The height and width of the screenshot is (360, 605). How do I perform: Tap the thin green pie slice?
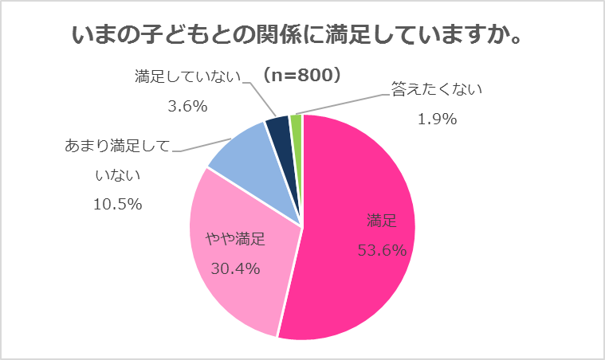click(297, 123)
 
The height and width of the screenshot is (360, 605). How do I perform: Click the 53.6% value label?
click(381, 250)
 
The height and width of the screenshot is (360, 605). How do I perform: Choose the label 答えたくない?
click(437, 89)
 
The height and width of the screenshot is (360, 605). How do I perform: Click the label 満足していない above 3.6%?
click(188, 77)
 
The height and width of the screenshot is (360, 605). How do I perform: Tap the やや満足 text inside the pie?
click(235, 237)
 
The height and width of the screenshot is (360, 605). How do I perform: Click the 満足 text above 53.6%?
click(381, 220)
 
